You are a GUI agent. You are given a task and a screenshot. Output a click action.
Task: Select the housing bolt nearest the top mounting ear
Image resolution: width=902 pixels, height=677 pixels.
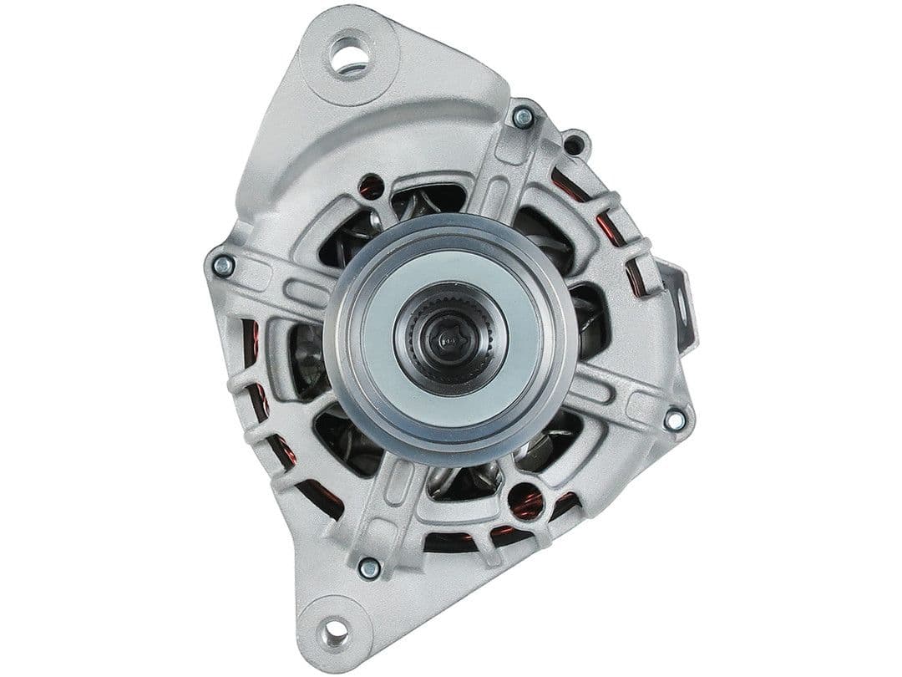point(523,118)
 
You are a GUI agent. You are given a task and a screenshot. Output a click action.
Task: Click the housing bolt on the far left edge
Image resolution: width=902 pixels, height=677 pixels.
point(222,266)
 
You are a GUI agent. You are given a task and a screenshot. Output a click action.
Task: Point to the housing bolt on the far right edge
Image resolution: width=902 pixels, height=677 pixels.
point(675,420)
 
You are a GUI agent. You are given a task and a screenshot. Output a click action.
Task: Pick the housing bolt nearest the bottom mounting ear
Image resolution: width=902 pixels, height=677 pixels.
point(368,568)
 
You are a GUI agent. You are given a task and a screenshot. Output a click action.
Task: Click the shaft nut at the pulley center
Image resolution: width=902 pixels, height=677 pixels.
point(448,336)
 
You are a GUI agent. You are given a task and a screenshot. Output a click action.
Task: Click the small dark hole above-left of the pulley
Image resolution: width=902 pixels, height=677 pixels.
point(370,186)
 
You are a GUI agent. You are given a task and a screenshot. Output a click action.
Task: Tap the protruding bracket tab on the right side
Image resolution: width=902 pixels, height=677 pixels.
point(681,305)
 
